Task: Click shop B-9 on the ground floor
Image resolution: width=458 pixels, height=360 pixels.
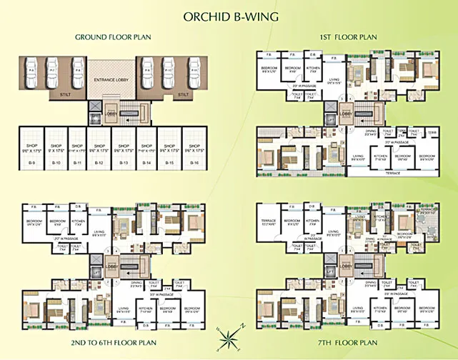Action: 31,147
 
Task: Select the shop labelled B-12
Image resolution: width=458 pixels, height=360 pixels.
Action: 99,147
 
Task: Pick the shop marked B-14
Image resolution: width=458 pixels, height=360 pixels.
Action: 146,147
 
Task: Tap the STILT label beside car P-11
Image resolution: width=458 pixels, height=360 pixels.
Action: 184,94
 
